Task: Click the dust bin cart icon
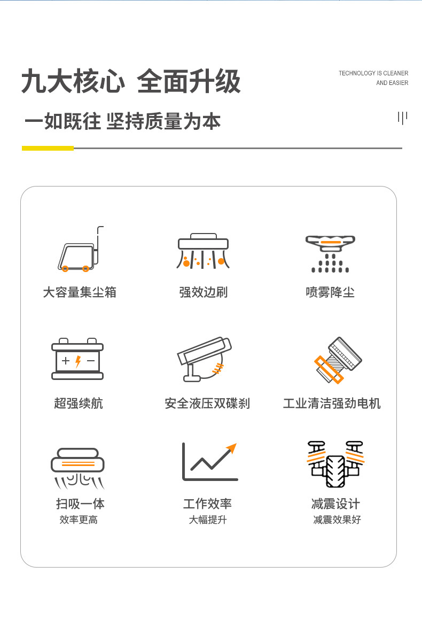click(81, 249)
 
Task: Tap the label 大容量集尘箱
click(80, 292)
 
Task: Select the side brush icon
click(203, 251)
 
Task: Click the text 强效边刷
click(203, 292)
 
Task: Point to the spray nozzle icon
click(330, 254)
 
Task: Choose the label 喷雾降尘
click(330, 292)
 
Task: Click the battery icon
click(77, 359)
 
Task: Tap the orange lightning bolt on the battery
click(78, 361)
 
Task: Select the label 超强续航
click(79, 403)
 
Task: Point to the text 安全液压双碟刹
click(207, 403)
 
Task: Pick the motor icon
click(338, 360)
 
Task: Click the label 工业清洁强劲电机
click(332, 403)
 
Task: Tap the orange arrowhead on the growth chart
click(232, 448)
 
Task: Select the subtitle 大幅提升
click(208, 519)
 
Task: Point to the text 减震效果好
click(337, 519)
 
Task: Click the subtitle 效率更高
click(79, 519)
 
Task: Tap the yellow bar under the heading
click(48, 148)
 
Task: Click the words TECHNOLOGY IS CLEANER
click(373, 73)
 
